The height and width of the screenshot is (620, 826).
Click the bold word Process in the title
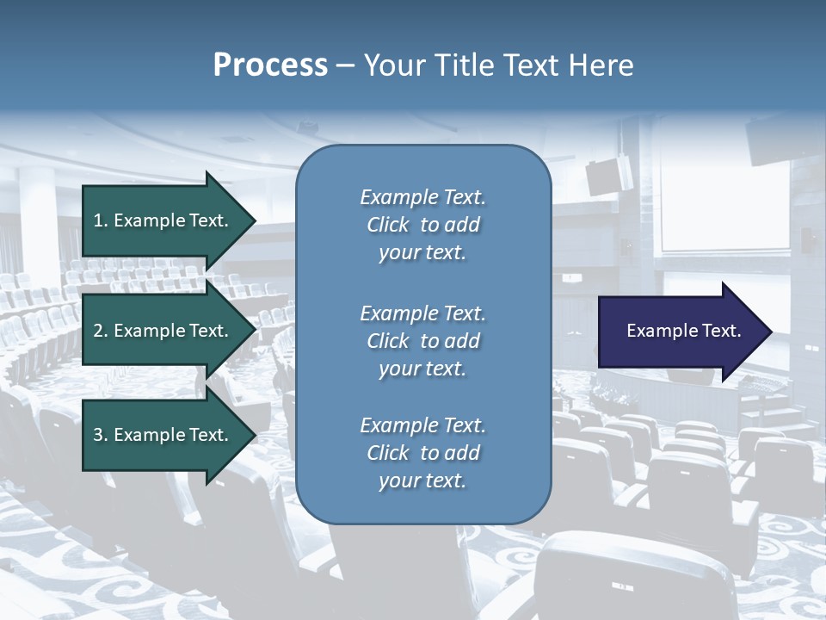click(x=270, y=65)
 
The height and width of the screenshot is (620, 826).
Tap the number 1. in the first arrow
click(x=100, y=220)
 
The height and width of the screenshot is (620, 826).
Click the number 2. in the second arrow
click(x=100, y=331)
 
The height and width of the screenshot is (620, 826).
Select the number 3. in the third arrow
click(x=100, y=435)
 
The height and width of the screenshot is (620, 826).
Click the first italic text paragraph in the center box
click(x=422, y=225)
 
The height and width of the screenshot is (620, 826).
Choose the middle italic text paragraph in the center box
click(x=422, y=341)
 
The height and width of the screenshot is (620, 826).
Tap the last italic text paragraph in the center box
click(x=422, y=453)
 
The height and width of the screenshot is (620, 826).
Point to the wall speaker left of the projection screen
click(x=607, y=176)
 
